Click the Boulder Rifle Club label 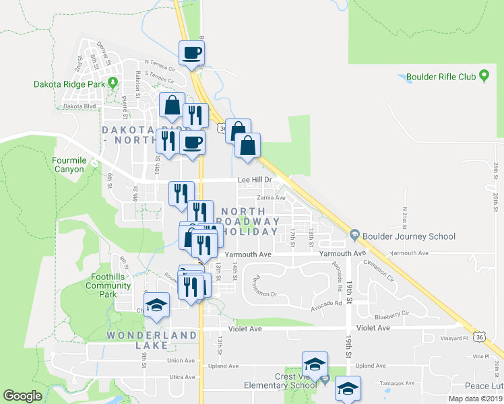click(x=441, y=77)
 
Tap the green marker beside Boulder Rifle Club click(x=484, y=77)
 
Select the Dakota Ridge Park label click(x=69, y=84)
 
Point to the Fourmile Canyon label click(x=69, y=165)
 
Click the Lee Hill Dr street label click(x=255, y=180)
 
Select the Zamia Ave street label click(x=270, y=198)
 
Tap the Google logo click(x=23, y=395)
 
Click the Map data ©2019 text click(x=474, y=399)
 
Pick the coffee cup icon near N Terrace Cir click(x=191, y=53)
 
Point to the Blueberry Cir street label click(x=393, y=313)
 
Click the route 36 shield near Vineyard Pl click(x=479, y=335)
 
